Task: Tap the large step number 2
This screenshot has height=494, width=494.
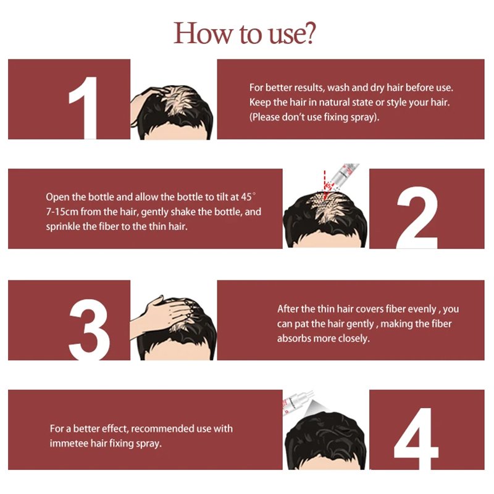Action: point(417,217)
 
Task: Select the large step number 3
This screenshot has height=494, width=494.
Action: point(90,329)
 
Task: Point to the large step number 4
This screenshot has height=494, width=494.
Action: point(416,438)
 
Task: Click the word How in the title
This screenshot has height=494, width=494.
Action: point(203,33)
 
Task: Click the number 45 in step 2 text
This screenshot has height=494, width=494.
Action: point(246,197)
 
